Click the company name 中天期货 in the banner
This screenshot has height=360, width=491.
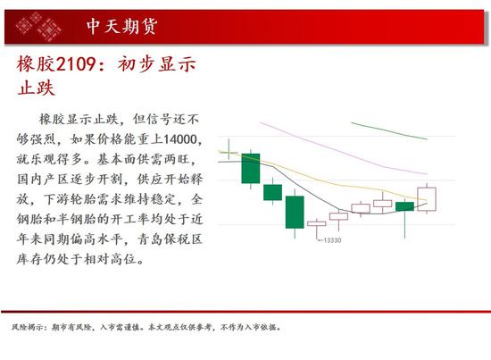click(122, 26)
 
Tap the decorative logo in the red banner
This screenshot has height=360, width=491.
click(38, 26)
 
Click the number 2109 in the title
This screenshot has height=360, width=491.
click(75, 64)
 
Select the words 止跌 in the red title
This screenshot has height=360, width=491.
click(36, 88)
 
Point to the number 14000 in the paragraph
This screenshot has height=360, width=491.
click(180, 139)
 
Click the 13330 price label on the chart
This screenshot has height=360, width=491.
click(332, 240)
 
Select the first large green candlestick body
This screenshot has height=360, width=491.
click(251, 168)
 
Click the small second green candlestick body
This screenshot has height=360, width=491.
click(273, 192)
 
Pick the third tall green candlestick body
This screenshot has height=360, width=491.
click(295, 212)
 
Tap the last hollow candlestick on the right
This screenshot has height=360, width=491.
click(427, 199)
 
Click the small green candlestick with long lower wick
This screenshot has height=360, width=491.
click(405, 206)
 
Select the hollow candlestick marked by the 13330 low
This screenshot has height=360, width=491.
click(317, 223)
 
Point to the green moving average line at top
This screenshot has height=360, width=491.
click(389, 130)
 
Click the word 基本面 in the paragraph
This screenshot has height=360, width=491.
click(117, 159)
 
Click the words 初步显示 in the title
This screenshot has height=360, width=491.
click(156, 64)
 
